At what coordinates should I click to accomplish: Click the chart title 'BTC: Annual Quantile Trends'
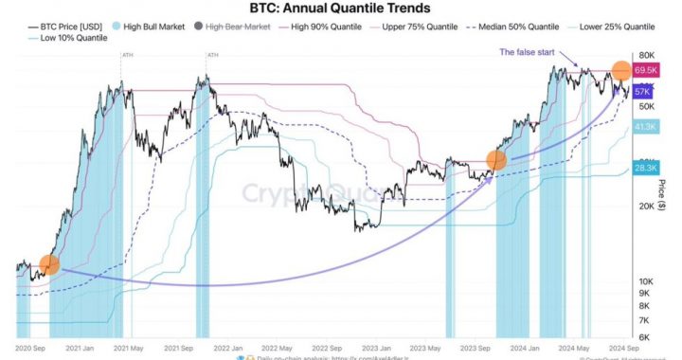pyautogui.click(x=341, y=9)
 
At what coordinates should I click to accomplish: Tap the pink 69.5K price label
pyautogui.click(x=647, y=71)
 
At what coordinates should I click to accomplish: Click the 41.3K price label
pyautogui.click(x=647, y=125)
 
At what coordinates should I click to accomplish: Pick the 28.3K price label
pyautogui.click(x=647, y=168)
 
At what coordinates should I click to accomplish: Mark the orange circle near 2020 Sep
pyautogui.click(x=49, y=265)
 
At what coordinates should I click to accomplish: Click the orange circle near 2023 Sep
pyautogui.click(x=495, y=160)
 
